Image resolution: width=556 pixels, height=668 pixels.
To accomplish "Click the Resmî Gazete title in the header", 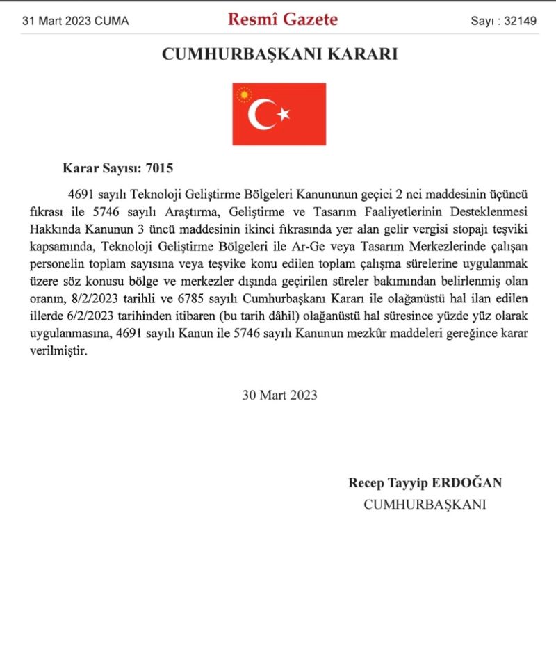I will (x=282, y=19).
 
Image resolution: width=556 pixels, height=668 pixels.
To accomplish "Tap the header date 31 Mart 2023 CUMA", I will (x=75, y=21).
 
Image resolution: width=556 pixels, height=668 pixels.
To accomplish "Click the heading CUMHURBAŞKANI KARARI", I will (x=279, y=54).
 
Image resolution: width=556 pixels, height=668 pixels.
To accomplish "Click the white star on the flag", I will (x=283, y=114).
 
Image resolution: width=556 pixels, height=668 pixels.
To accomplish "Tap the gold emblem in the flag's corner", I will (x=243, y=95).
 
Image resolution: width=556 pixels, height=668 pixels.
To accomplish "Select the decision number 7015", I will (x=159, y=168).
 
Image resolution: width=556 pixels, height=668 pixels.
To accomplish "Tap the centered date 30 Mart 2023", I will (x=279, y=395).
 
